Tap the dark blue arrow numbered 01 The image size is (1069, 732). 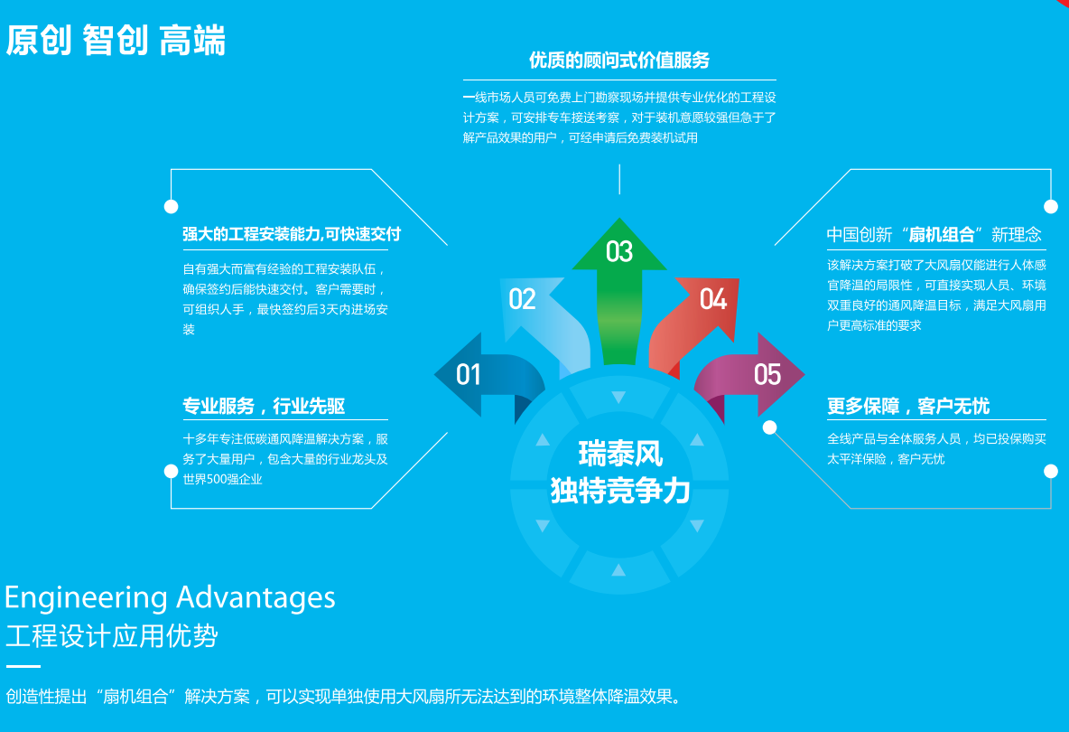tap(483, 374)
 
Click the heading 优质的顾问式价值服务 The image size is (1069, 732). tap(619, 61)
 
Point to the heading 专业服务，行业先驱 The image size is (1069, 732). tap(264, 407)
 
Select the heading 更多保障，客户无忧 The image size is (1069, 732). tap(908, 407)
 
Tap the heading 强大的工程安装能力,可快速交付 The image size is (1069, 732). tap(292, 234)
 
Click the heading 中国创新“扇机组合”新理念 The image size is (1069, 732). tap(934, 235)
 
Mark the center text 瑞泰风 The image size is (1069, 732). tap(620, 452)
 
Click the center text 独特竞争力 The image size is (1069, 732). tap(620, 491)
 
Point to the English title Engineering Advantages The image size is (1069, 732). tap(170, 597)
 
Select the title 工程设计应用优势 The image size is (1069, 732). tap(111, 636)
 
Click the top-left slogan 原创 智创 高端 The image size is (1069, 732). tap(116, 41)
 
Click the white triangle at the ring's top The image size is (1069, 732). tap(618, 397)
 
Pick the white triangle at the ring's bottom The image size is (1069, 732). tap(618, 569)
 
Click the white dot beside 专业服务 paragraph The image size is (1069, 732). tap(171, 471)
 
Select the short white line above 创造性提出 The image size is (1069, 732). tap(23, 667)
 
